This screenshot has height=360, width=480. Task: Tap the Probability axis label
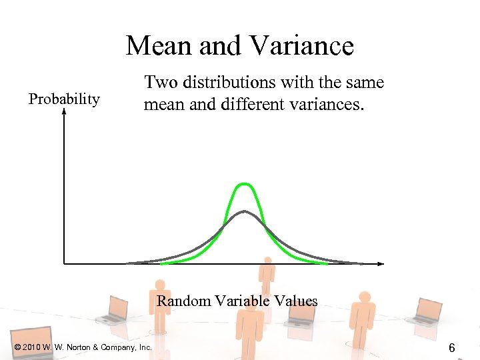click(64, 99)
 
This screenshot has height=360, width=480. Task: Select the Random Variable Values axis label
click(237, 301)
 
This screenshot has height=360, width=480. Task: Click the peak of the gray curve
click(245, 211)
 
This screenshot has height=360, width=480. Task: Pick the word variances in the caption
click(328, 105)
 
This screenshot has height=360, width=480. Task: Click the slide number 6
click(451, 348)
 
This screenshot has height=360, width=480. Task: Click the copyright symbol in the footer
click(17, 347)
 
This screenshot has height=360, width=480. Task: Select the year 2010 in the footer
click(31, 347)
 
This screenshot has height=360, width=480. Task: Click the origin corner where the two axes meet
click(64, 263)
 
